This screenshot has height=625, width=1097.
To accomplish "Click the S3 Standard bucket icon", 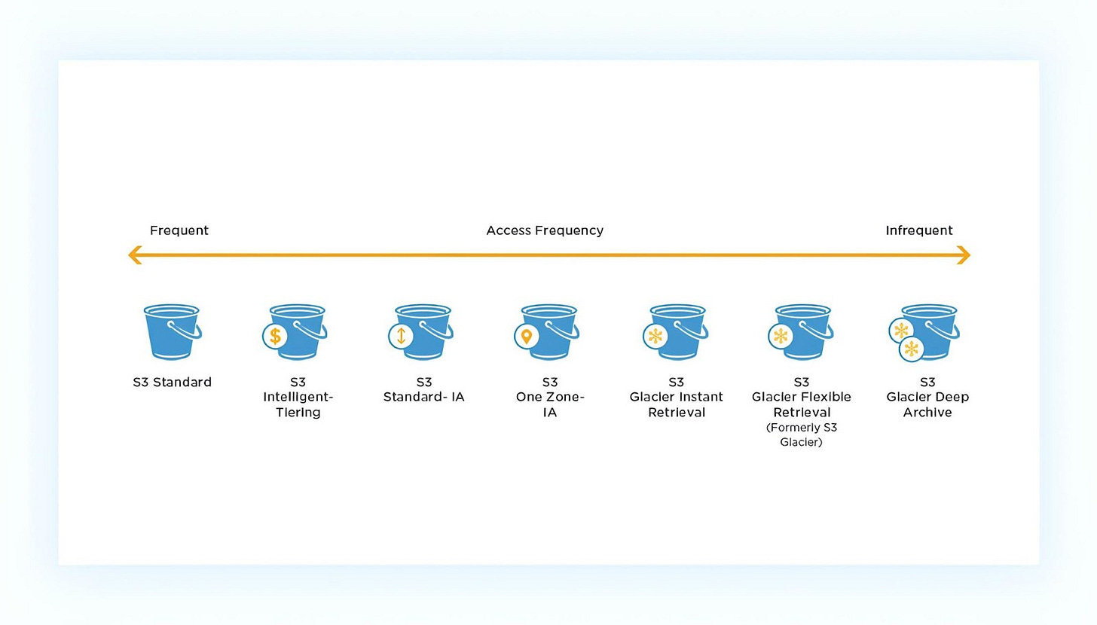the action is [172, 332].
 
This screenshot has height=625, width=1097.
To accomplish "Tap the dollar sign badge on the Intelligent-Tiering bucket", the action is [275, 337].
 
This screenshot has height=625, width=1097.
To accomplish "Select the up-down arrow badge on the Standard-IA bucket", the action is [401, 337].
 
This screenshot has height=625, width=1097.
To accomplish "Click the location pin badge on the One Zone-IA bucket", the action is [527, 337].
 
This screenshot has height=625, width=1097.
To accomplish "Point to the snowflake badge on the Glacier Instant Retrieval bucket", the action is [655, 337].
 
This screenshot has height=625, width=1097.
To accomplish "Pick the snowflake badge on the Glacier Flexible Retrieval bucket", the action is [781, 337].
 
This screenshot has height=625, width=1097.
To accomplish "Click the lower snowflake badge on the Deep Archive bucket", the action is [912, 349].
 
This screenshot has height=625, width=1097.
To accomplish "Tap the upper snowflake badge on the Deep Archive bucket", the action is [901, 331].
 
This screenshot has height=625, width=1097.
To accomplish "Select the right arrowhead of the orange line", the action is [964, 255].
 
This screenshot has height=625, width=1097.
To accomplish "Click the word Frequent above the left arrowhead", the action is [179, 230].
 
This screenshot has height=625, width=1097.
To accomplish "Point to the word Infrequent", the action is [918, 230].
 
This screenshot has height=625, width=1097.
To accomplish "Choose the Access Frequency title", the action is [545, 230].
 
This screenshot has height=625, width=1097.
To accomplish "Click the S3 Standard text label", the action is [173, 383].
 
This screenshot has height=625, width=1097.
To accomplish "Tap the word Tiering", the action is [298, 413].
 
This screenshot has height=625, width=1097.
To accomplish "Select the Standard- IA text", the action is [423, 397].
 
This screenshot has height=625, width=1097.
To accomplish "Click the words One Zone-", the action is [550, 397].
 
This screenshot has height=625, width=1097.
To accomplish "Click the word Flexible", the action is [827, 397].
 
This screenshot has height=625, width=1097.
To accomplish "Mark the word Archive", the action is [927, 413].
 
